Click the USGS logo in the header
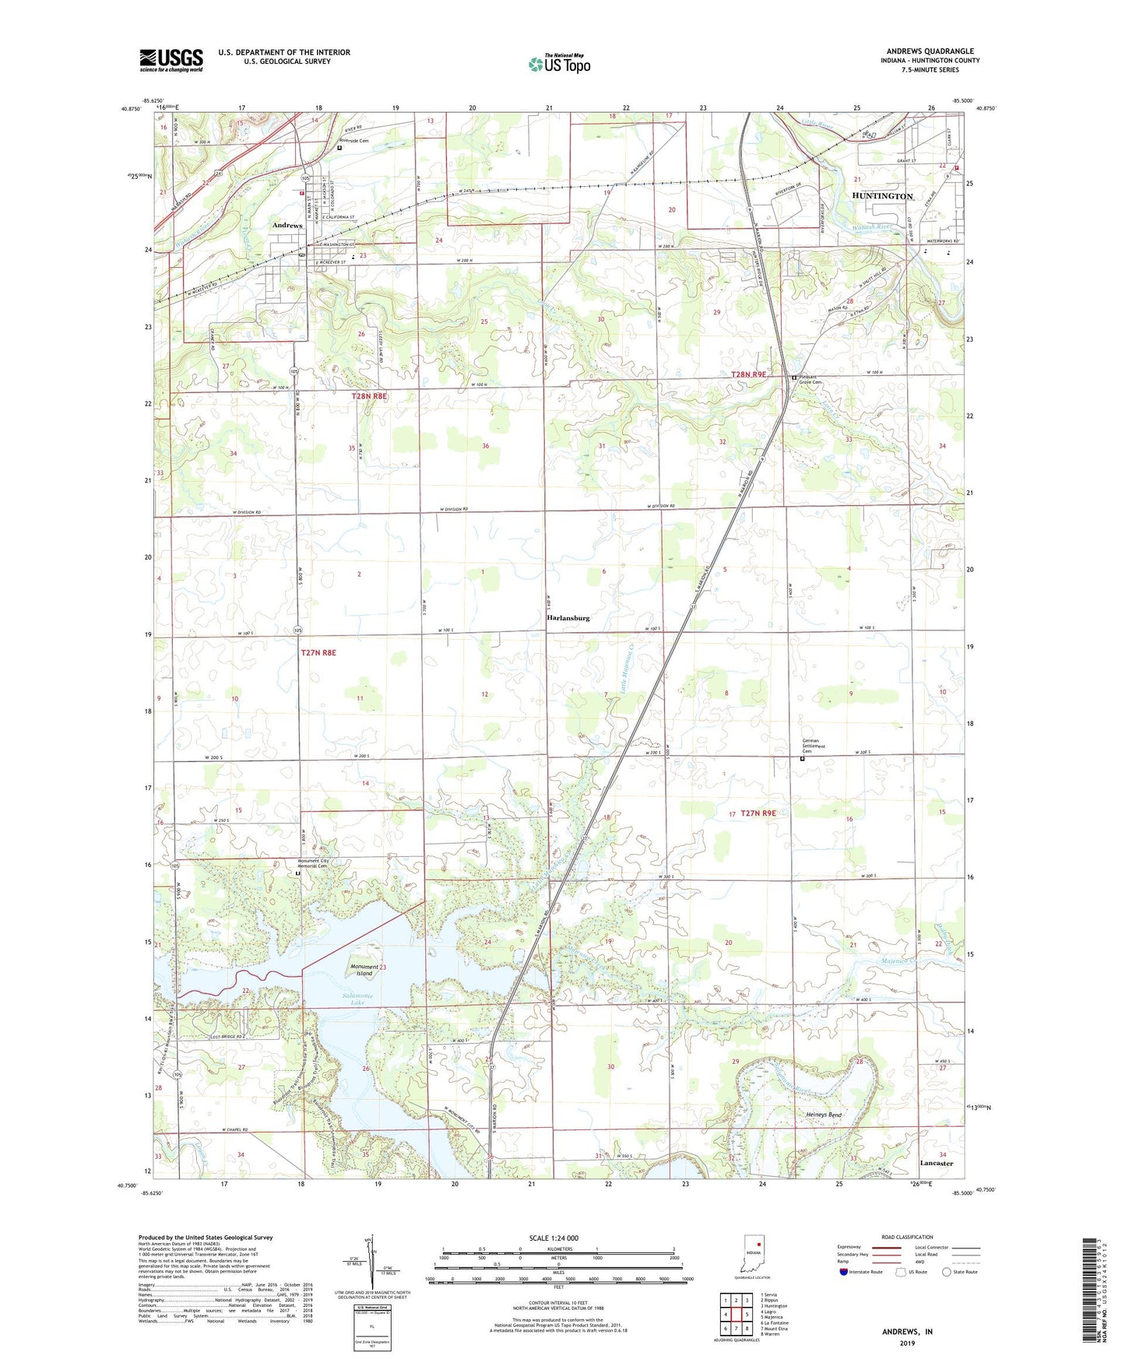click(171, 60)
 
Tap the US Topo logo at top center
click(559, 63)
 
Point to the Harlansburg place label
click(568, 618)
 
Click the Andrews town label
click(287, 225)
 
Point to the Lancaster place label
click(936, 1163)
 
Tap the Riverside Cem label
click(352, 141)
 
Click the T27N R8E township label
click(318, 653)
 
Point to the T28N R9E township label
click(748, 374)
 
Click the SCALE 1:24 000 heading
click(554, 1238)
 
